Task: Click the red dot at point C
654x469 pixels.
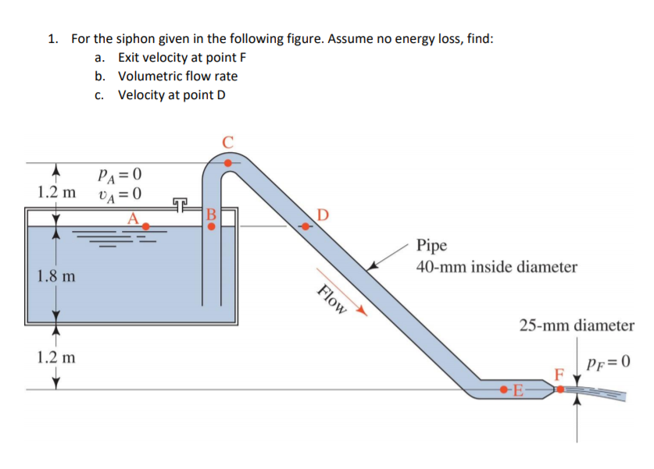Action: pyautogui.click(x=227, y=163)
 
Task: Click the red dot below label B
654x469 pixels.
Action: pyautogui.click(x=211, y=227)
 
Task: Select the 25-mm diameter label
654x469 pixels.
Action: pyautogui.click(x=577, y=325)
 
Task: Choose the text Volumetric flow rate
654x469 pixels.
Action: pyautogui.click(x=177, y=76)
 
